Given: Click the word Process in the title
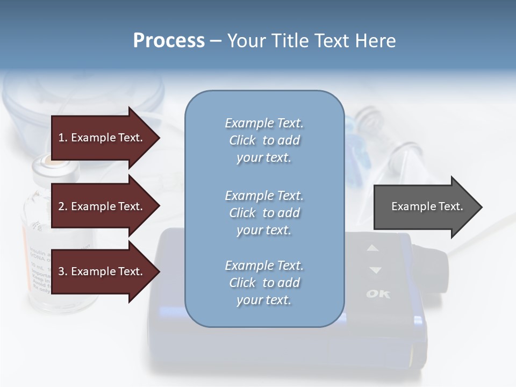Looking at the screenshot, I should [x=169, y=41].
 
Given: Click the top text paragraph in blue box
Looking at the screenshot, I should [x=264, y=140].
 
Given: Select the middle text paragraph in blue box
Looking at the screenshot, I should [x=264, y=213].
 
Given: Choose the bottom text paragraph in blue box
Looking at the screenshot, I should [x=264, y=283].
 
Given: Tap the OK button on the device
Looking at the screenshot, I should [x=378, y=294].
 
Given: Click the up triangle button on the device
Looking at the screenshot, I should [x=373, y=248].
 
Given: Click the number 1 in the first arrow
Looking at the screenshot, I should [x=62, y=138].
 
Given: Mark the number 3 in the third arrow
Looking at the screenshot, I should [x=62, y=271].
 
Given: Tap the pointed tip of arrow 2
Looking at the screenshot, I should [x=159, y=206].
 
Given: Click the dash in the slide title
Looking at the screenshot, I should [x=216, y=41].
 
